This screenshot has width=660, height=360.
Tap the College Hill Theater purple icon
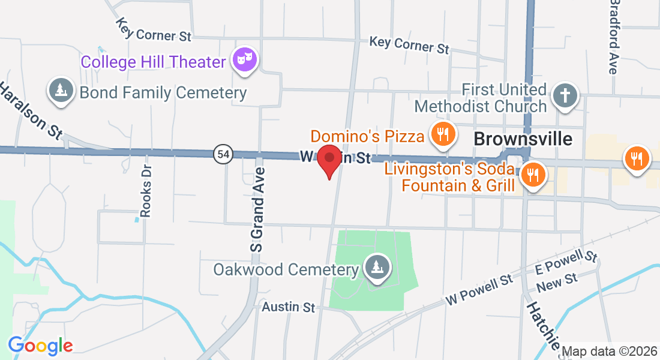click(245, 60)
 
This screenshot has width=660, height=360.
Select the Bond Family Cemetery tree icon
click(60, 91)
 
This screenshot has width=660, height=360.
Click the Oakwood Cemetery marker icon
click(377, 268)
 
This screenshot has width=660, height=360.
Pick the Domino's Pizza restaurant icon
click(443, 134)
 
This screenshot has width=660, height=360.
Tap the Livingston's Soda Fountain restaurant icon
click(531, 175)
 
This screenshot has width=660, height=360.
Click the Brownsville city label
click(523, 139)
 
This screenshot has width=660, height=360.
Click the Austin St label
click(289, 307)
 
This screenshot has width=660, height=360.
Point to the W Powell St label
click(479, 290)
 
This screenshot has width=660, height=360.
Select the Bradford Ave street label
click(613, 37)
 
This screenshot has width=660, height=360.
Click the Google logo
click(40, 346)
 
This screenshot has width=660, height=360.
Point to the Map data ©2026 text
click(610, 351)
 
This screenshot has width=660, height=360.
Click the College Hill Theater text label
click(154, 62)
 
